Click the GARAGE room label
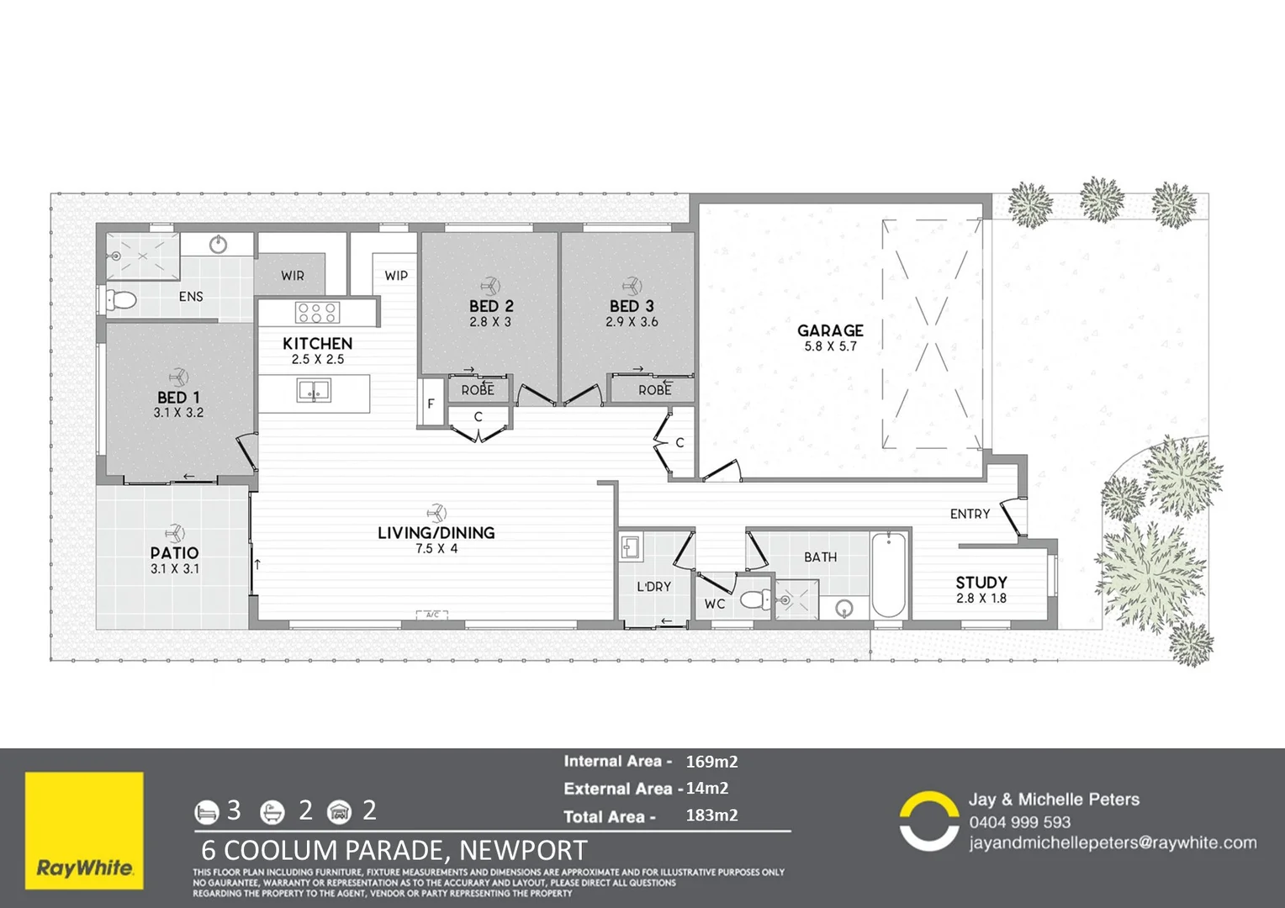(830, 330)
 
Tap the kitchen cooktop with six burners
(317, 313)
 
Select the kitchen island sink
(314, 391)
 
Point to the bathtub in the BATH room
(888, 575)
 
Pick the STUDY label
(981, 583)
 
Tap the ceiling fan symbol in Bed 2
(490, 287)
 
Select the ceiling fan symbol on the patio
(175, 533)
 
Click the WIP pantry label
(396, 275)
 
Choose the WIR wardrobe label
(293, 275)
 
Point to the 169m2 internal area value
(711, 762)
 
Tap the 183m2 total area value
(711, 815)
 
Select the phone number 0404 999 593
(1019, 822)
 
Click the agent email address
(1112, 842)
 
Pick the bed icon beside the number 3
(206, 811)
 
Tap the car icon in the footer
(339, 811)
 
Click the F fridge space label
(431, 404)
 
